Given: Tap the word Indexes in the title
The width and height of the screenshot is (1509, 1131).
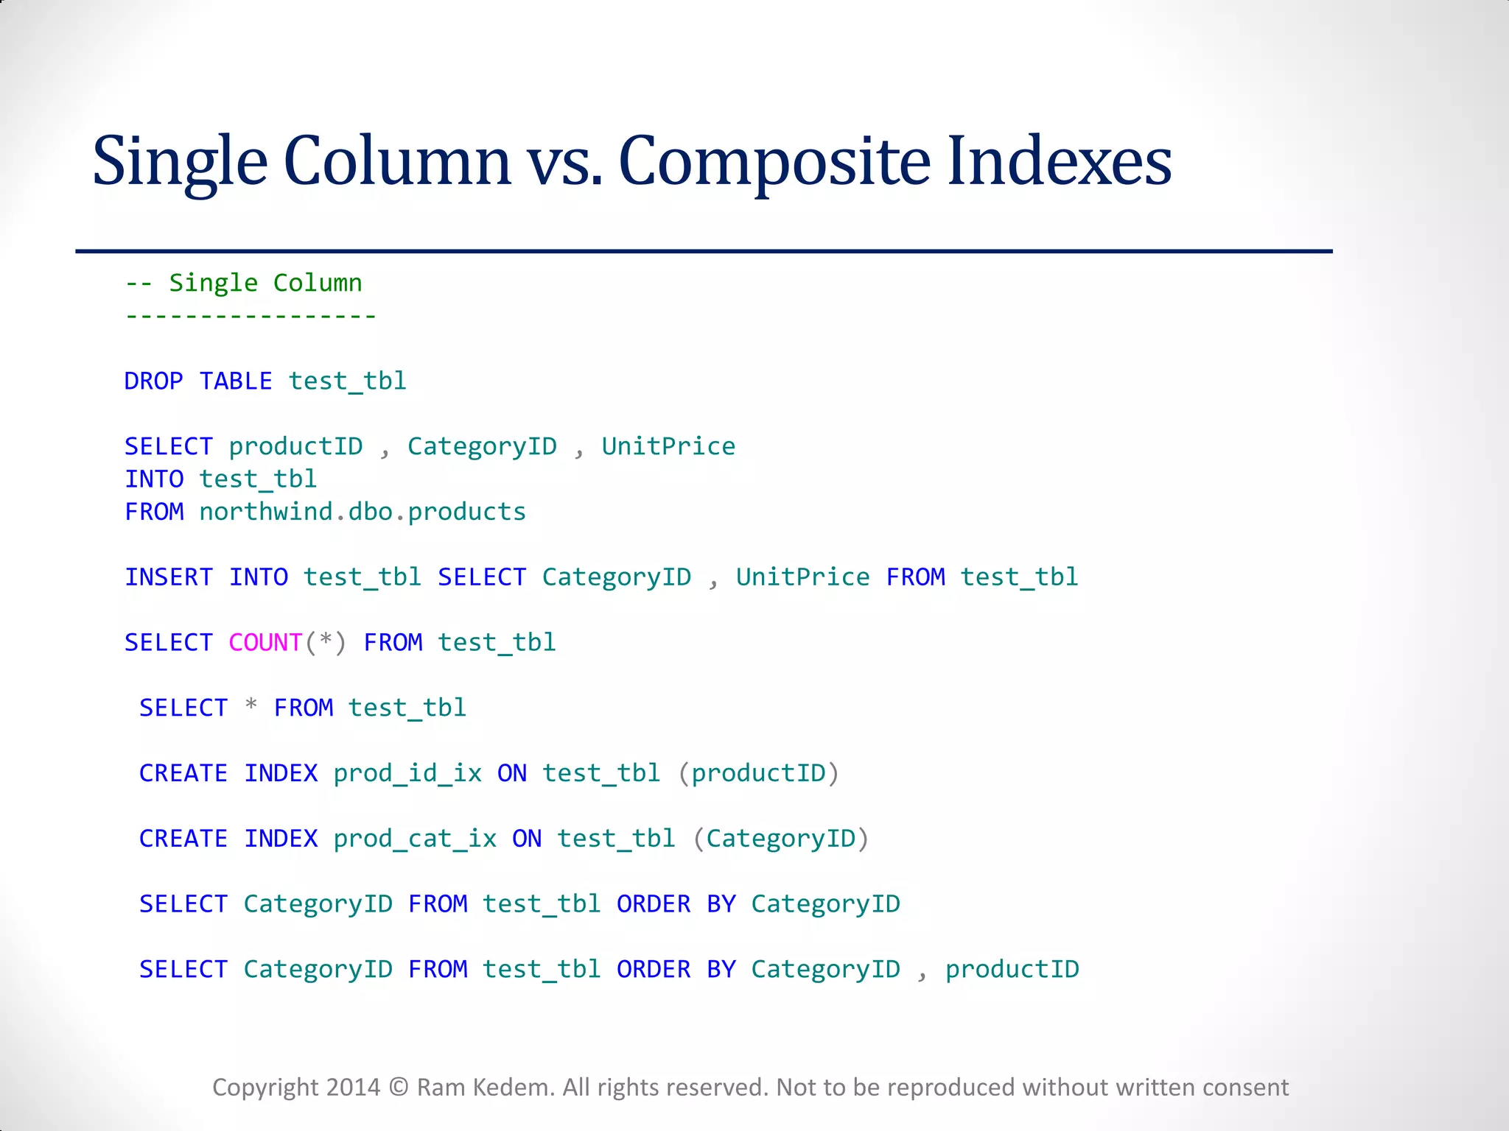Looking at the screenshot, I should (x=1059, y=161).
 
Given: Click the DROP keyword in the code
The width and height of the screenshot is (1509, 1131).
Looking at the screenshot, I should (x=153, y=381).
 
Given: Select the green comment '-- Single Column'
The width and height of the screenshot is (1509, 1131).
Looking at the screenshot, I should (x=244, y=283).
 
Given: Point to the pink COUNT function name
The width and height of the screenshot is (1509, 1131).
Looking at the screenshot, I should (x=265, y=643).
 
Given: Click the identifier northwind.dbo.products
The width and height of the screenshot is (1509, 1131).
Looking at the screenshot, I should (x=363, y=512).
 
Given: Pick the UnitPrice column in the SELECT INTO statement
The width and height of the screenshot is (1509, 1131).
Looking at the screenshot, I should (x=668, y=446).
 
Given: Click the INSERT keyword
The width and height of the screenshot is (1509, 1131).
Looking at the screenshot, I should (x=169, y=577).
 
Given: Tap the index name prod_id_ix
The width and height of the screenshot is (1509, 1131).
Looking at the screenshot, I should (x=407, y=773).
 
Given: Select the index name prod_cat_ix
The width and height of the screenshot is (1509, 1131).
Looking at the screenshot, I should (x=415, y=839).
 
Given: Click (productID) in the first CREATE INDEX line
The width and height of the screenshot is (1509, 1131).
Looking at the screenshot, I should (x=758, y=773).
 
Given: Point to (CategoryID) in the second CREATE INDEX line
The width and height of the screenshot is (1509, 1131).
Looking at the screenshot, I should (x=781, y=839).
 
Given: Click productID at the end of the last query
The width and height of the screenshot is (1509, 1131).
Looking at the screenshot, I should (x=1012, y=969).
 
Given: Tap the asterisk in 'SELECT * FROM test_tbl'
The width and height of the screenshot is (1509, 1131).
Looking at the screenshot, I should (x=251, y=705).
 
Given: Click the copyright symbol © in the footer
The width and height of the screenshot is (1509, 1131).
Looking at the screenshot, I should (x=399, y=1088).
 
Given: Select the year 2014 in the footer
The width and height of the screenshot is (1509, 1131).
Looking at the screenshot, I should (x=353, y=1088).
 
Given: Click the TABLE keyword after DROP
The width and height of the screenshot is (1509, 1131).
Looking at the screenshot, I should (x=236, y=381).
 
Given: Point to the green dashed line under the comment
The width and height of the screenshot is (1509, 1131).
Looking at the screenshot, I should (x=251, y=317).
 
